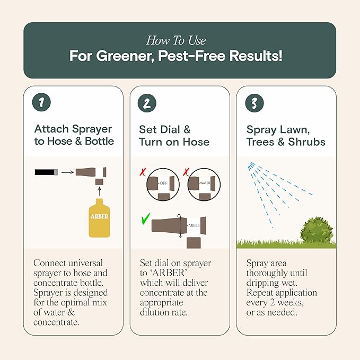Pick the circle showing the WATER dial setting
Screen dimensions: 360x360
click(202, 184)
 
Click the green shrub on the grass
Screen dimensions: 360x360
click(317, 230)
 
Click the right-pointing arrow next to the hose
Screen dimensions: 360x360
click(66, 172)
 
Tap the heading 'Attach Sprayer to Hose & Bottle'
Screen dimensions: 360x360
click(74, 135)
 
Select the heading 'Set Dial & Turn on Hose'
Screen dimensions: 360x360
click(174, 135)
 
